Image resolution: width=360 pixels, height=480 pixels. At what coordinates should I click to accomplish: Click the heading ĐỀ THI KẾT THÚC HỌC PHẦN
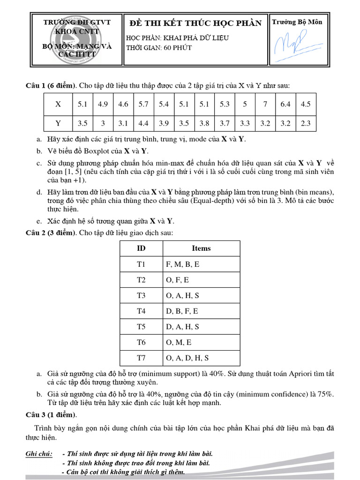(x=195, y=23)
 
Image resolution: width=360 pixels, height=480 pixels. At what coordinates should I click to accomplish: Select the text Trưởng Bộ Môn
(x=297, y=22)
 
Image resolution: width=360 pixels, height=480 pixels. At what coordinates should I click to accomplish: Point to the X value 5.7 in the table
(x=143, y=105)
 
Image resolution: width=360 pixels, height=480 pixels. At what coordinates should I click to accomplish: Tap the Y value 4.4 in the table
(x=143, y=124)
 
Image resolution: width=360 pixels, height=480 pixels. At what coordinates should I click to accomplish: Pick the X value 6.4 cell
(x=285, y=105)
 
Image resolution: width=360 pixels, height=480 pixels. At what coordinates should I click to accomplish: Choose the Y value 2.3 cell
(x=306, y=124)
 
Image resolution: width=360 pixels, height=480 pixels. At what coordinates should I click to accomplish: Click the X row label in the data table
(x=58, y=105)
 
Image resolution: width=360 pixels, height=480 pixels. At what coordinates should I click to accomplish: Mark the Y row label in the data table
(x=58, y=124)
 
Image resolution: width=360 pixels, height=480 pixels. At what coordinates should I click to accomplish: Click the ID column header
(x=141, y=248)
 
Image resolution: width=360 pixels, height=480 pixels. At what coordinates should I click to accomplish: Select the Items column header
(x=201, y=248)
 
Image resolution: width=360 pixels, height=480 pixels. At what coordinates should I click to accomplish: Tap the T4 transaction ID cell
(x=141, y=311)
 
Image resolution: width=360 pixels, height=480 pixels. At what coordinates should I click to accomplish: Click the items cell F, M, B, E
(x=182, y=264)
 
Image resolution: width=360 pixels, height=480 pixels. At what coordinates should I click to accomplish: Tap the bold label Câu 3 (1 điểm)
(x=51, y=415)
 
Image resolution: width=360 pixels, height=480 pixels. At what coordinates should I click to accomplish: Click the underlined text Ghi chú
(x=39, y=454)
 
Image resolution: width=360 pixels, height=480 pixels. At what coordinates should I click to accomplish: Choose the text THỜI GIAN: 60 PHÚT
(x=159, y=48)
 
